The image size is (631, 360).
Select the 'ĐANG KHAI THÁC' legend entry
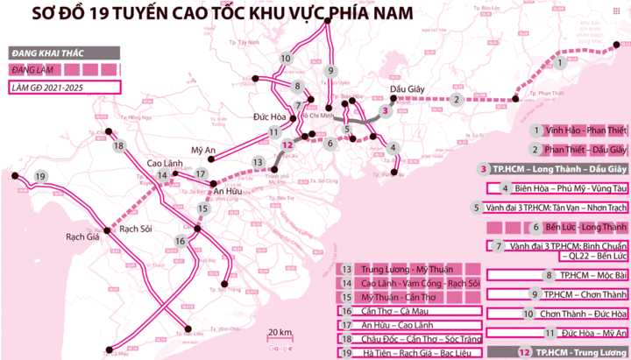pos(40,53)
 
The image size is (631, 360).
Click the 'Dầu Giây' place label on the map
pos(408,87)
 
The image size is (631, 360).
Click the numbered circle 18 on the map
pos(120,146)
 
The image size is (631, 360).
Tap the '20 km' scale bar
pos(280,334)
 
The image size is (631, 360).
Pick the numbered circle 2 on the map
pos(456,100)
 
